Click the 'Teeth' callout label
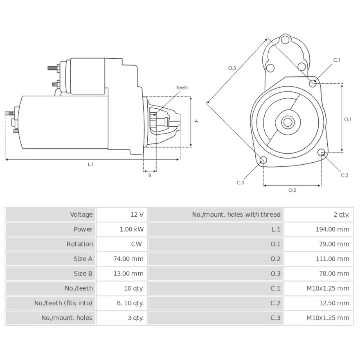(182, 87)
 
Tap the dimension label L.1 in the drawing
(91, 164)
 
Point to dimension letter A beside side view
(196, 121)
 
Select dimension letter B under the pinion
(150, 176)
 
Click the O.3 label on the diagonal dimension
(232, 68)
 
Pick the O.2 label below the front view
(292, 190)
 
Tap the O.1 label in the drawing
(347, 120)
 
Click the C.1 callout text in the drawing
(337, 60)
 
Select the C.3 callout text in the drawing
(240, 183)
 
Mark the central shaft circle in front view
(288, 122)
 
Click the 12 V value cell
(137, 215)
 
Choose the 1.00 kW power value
(131, 229)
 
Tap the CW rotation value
(136, 244)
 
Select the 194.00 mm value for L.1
(332, 229)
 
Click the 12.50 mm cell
(334, 303)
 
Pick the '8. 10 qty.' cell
(130, 303)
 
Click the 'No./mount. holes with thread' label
(236, 215)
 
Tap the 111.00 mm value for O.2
(332, 259)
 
